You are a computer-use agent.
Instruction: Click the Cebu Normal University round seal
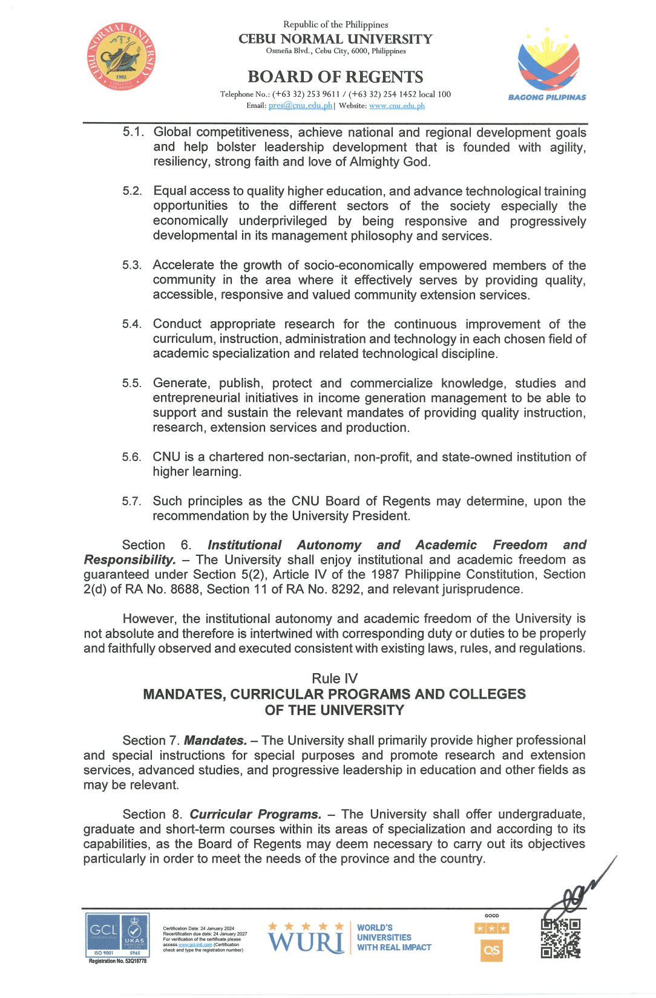pos(121,57)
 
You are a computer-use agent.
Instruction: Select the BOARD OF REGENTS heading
pos(335,77)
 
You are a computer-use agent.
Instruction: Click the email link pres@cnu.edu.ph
pos(300,106)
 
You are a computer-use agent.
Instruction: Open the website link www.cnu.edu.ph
pos(396,106)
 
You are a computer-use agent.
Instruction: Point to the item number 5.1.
pos(133,132)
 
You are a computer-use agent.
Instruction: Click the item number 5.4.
pos(132,324)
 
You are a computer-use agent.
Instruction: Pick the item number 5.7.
pos(131,501)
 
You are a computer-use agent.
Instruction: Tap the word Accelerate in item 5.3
pos(183,265)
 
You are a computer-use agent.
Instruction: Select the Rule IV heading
pos(335,679)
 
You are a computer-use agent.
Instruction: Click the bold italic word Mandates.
pos(215,740)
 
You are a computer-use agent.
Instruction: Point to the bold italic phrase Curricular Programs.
pos(255,814)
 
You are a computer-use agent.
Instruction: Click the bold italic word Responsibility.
pos(130,559)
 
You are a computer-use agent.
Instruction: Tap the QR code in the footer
pos(560,938)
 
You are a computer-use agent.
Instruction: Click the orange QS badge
pos(491,950)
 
